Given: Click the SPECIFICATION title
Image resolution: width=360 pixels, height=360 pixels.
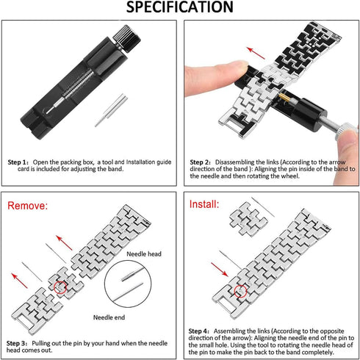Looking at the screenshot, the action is [x=179, y=7].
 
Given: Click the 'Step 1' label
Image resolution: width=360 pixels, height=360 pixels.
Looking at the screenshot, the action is [x=18, y=162].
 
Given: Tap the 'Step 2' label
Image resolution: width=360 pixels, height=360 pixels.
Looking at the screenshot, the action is [x=200, y=162].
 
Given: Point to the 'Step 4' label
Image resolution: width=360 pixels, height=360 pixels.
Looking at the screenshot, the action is [x=198, y=331].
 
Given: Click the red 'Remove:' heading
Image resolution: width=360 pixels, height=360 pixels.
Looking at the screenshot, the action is [x=27, y=206].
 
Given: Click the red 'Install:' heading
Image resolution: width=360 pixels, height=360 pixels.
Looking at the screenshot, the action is [x=204, y=204].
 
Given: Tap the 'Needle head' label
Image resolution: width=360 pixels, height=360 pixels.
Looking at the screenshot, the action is [x=144, y=254].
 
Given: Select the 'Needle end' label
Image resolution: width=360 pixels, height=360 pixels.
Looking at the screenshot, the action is [x=109, y=317].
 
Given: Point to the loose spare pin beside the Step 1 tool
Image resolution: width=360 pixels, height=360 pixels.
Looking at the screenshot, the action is [x=111, y=110].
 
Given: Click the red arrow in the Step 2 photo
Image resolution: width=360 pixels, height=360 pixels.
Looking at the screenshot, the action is [x=256, y=53].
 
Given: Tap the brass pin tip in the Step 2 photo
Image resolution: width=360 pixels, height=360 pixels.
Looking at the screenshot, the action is [x=285, y=98].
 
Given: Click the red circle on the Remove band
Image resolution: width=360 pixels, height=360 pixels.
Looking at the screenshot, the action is [x=60, y=287].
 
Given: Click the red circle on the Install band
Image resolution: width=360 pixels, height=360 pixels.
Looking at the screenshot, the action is [x=240, y=291].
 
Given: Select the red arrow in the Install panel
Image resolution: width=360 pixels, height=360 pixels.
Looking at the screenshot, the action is [x=220, y=269].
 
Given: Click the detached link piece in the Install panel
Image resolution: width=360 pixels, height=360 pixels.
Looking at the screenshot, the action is [x=248, y=220].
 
